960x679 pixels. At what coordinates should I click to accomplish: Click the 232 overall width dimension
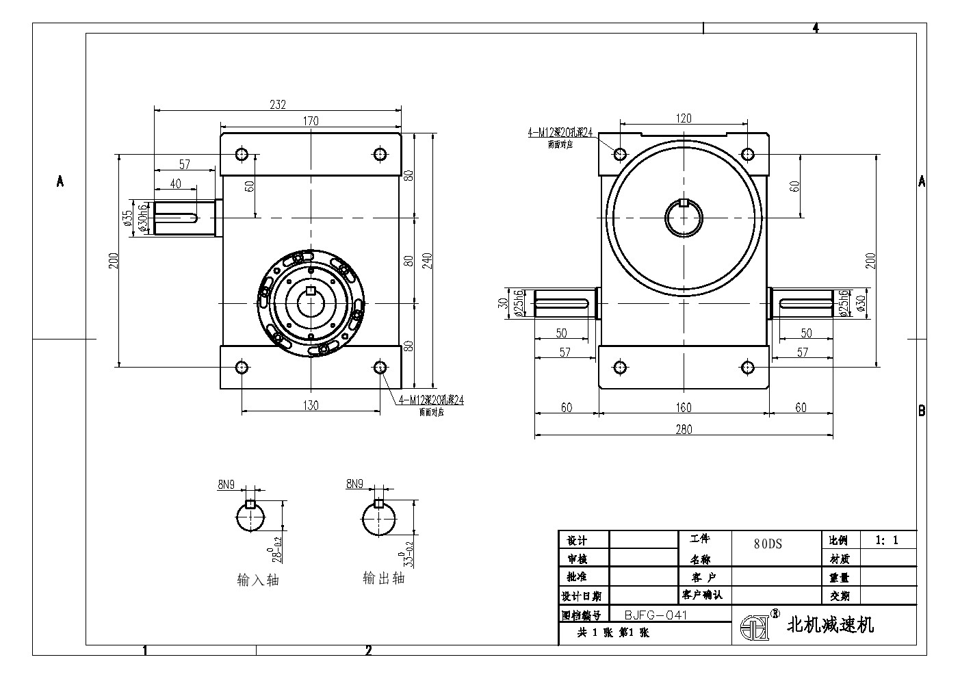(278, 105)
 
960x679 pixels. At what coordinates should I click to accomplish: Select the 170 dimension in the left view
(311, 121)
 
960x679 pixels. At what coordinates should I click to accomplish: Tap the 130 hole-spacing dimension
(311, 405)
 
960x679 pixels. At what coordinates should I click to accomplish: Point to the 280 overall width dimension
(684, 429)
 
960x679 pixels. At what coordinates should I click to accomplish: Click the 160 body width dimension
(684, 408)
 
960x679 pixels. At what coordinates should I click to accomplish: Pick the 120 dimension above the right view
(683, 118)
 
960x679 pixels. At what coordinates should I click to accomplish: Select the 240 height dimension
(428, 260)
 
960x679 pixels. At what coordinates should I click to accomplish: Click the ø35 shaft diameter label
(127, 218)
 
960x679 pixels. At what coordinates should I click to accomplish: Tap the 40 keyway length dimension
(175, 183)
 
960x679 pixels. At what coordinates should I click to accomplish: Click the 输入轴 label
(258, 580)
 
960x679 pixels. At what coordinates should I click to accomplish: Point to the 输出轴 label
(383, 578)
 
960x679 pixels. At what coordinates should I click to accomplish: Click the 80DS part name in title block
(768, 544)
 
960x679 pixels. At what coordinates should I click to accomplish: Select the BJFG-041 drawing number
(656, 615)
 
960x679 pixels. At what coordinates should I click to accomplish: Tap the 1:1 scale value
(887, 540)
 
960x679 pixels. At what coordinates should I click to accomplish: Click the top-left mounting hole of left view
(241, 154)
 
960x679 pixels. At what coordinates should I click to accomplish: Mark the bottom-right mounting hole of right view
(748, 368)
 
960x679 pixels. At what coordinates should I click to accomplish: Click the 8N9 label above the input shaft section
(226, 485)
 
